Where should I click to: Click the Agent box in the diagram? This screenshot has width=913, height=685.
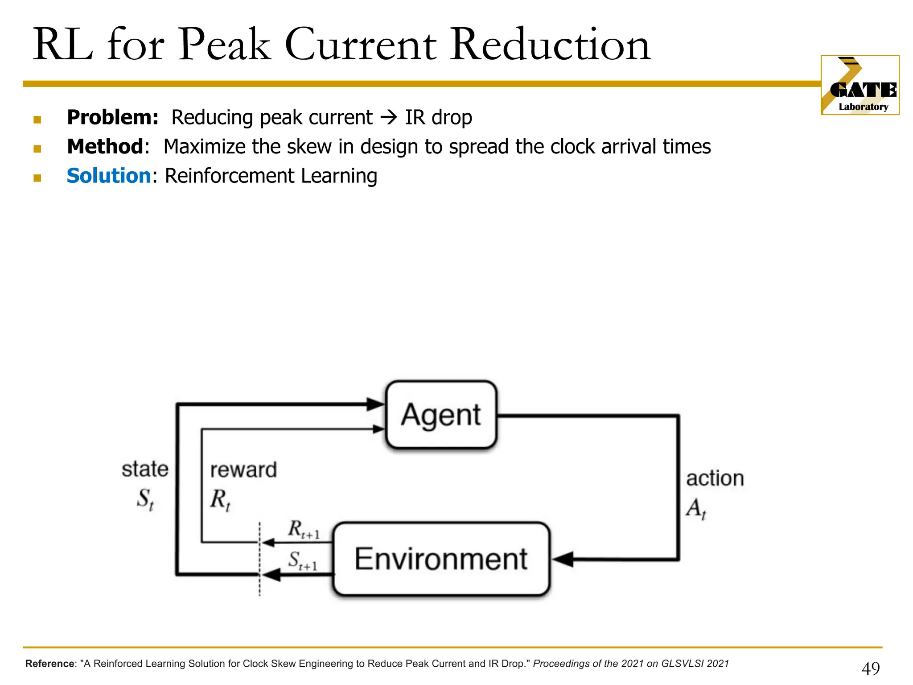[441, 415]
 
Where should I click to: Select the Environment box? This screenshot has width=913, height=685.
[441, 559]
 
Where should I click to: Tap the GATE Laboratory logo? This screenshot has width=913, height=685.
[860, 85]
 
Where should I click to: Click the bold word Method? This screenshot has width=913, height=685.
[105, 147]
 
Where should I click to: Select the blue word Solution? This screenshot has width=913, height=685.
[109, 176]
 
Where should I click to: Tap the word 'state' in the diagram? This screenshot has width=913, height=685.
[145, 469]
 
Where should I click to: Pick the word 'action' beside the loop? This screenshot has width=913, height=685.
[715, 479]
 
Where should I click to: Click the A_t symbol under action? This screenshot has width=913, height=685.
[696, 509]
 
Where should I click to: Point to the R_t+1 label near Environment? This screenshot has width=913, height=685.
[304, 530]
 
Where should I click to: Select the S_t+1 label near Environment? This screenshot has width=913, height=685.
[303, 561]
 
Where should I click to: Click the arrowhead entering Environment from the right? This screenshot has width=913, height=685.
[563, 559]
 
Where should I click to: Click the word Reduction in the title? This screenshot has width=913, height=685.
[550, 45]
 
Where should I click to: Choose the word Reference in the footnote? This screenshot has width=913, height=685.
[49, 664]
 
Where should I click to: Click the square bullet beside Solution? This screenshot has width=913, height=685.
[37, 178]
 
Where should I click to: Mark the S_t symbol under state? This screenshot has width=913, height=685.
[145, 499]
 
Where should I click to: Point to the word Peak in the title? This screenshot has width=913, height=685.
[225, 45]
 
